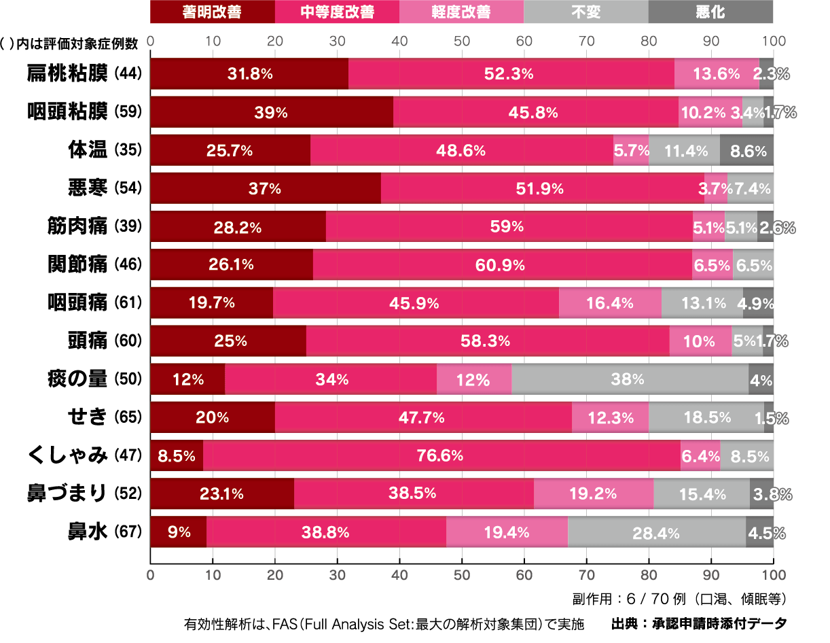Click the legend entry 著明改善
click(212, 12)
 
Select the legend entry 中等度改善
click(337, 12)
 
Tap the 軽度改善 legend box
click(461, 12)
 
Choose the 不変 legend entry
click(586, 12)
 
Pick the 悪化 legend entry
click(710, 12)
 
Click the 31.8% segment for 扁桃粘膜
click(249, 73)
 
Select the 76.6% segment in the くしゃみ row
click(441, 455)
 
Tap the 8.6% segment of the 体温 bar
click(746, 150)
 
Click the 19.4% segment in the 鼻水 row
click(507, 532)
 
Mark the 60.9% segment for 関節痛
click(503, 265)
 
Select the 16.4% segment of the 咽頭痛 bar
click(610, 303)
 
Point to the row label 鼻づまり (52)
click(84, 493)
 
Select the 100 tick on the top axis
click(773, 41)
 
